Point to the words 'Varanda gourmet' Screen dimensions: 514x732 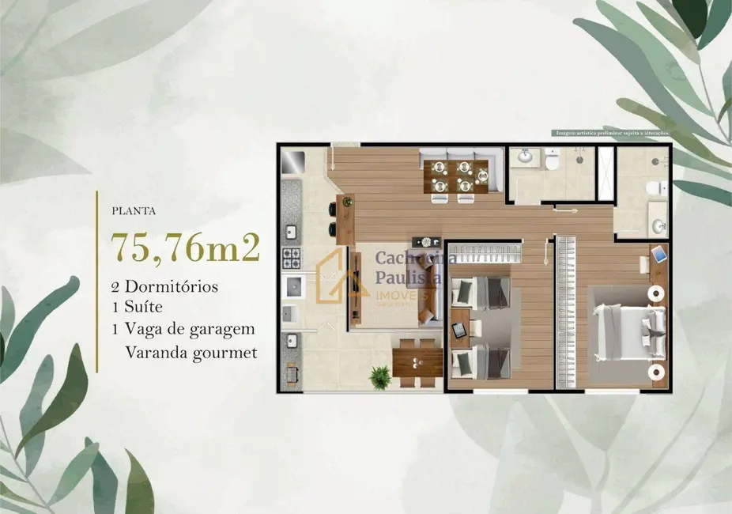(191, 353)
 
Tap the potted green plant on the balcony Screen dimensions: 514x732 (380, 376)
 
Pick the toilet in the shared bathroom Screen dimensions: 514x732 (552, 161)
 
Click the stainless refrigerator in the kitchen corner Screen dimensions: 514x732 (293, 161)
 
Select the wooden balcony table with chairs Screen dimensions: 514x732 (418, 362)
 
